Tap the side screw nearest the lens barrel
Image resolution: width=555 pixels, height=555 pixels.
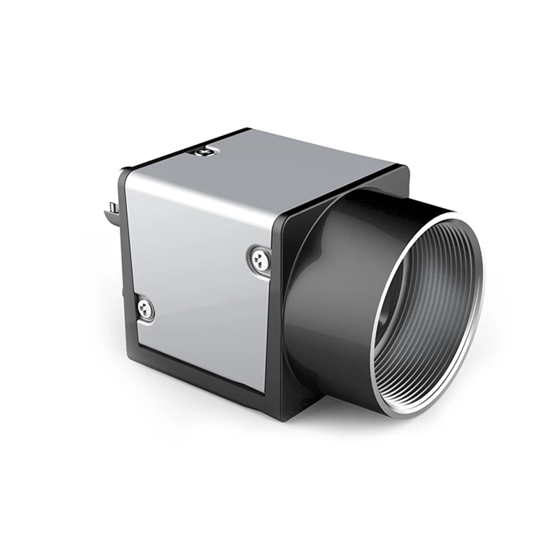point(258,259)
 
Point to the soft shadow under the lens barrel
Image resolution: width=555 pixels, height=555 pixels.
point(388,423)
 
